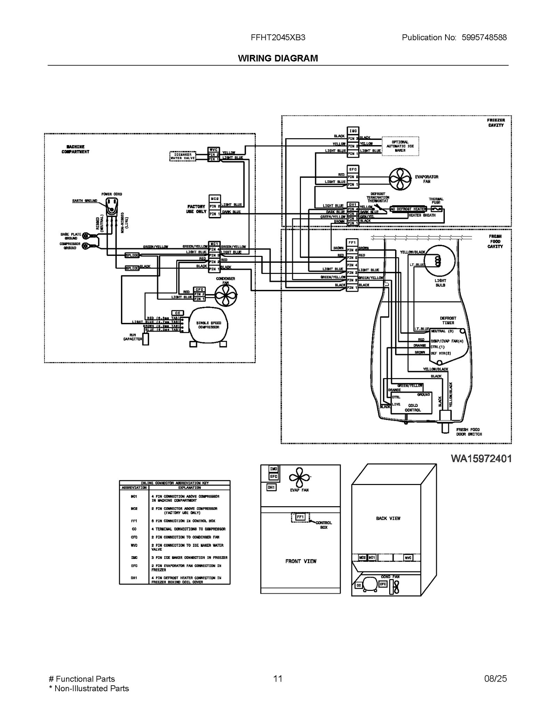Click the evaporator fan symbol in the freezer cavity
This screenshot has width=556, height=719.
pos(400,179)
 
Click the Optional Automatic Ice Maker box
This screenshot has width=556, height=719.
pos(400,146)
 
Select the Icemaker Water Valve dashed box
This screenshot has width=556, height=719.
pos(183,157)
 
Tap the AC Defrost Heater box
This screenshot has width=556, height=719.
pos(408,209)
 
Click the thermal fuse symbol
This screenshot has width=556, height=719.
pos(436,209)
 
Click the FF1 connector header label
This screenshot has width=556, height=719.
pos(352,242)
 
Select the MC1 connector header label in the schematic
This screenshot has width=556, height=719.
pos(214,244)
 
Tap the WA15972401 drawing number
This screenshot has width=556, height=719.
pos(481,459)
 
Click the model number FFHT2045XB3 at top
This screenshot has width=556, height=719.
pos(278,37)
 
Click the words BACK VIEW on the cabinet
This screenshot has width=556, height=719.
pos(388,518)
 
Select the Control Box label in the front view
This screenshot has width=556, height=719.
pos(324,525)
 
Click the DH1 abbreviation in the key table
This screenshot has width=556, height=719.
pos(134,578)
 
